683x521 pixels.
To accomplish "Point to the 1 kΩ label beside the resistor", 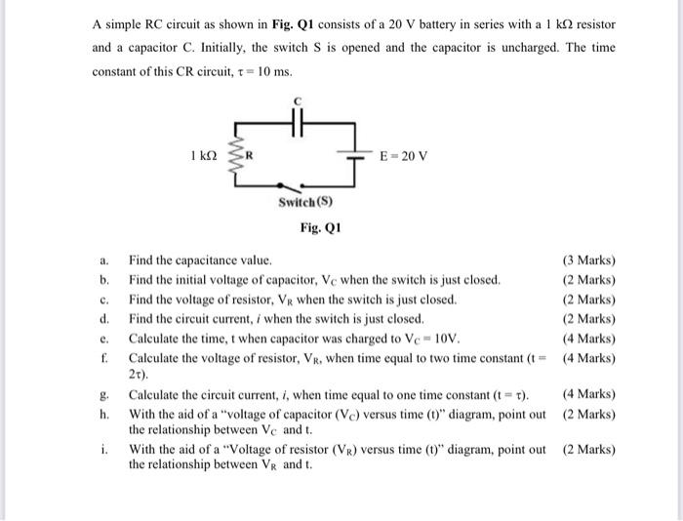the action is [202, 155].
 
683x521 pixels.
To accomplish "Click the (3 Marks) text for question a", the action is [589, 260].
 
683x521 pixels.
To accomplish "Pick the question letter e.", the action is [103, 339].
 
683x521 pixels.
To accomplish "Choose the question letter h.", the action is [103, 414].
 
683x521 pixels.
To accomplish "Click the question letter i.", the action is [104, 450].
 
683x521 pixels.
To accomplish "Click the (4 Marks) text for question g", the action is [589, 394].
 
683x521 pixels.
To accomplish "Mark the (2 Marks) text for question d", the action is [589, 319].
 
